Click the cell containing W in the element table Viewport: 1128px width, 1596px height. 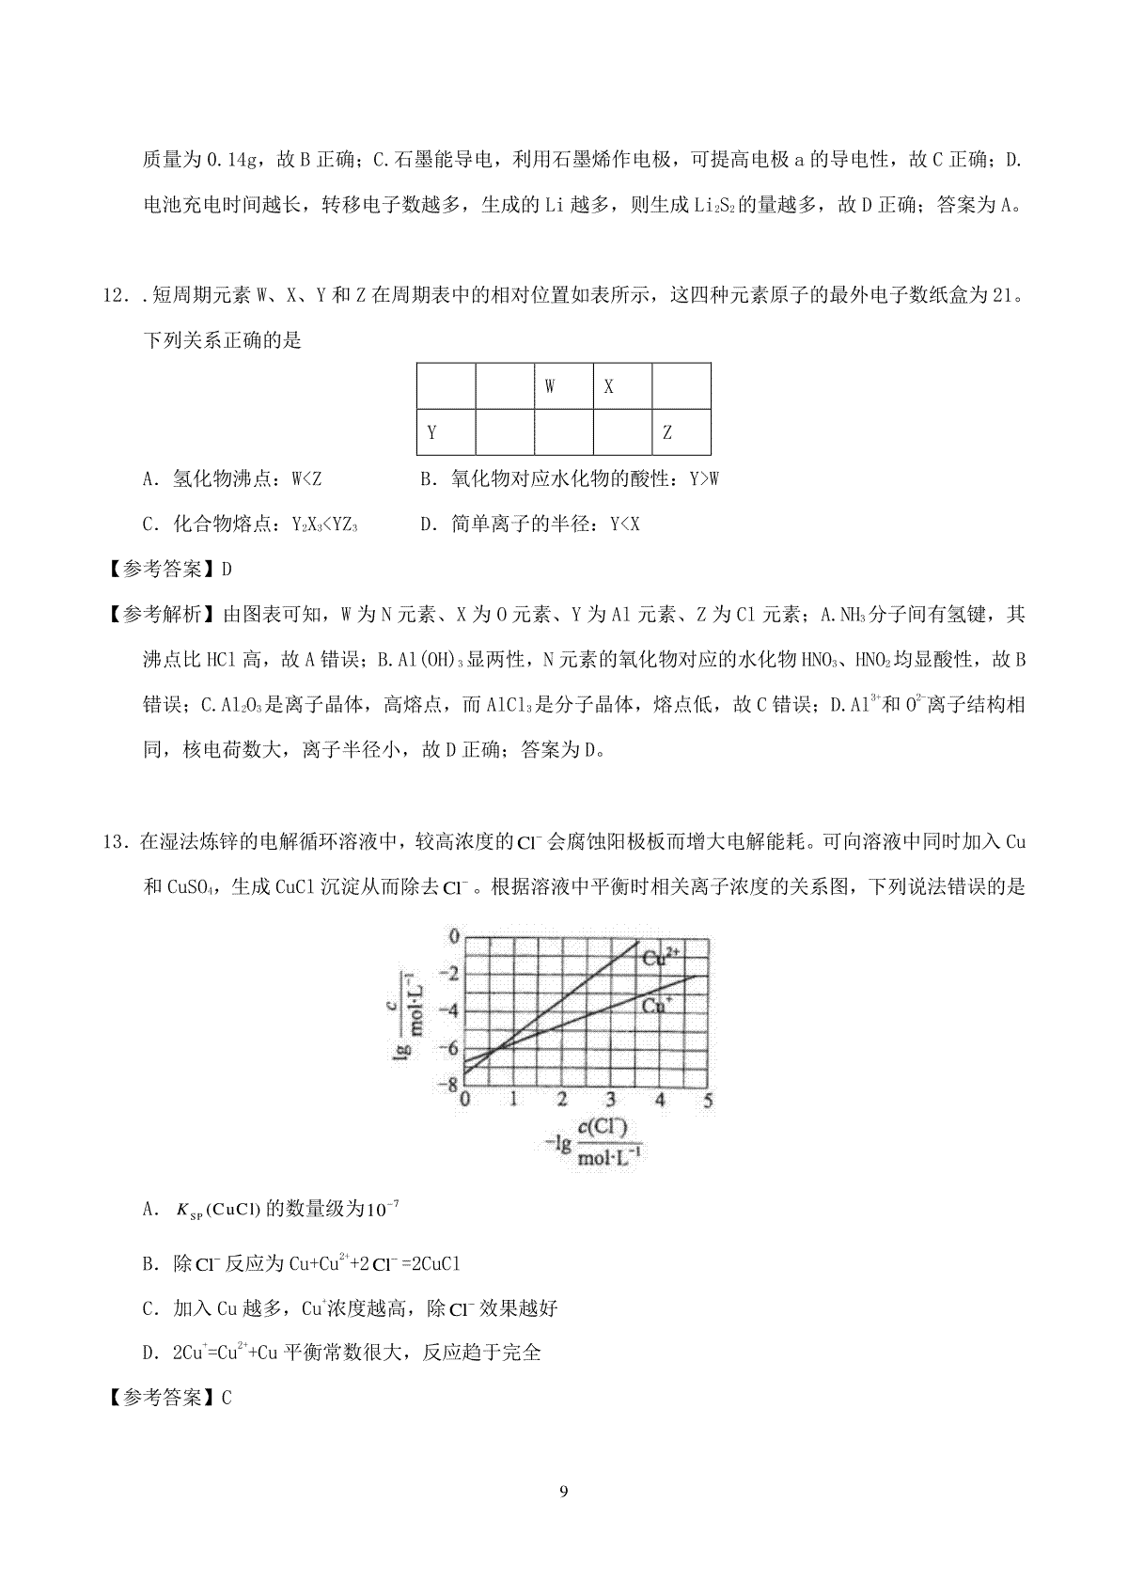pyautogui.click(x=563, y=386)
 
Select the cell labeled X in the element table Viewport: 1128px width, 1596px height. pyautogui.click(x=621, y=386)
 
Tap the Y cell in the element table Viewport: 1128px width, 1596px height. pyautogui.click(x=446, y=432)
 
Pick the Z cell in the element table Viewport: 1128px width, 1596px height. pyautogui.click(x=681, y=432)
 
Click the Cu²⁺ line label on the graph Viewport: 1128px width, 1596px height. pyautogui.click(x=661, y=958)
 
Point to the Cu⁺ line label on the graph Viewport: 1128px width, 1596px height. pyautogui.click(x=656, y=1005)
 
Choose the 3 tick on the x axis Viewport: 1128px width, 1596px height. pyautogui.click(x=611, y=1100)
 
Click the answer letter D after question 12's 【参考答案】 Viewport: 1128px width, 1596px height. pyautogui.click(x=226, y=570)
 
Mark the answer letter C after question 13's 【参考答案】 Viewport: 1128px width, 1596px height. pyautogui.click(x=226, y=1398)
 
